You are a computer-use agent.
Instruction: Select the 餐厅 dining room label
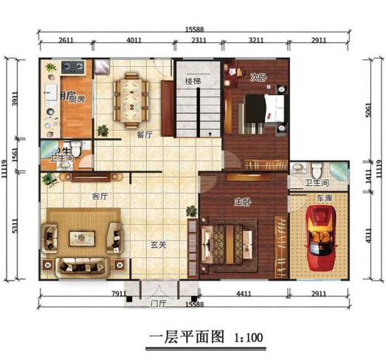145,134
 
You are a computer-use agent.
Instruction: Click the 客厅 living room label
100,196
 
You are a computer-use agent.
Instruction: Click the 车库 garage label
325,199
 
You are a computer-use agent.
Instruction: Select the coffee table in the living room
80,238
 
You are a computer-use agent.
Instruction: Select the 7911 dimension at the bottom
118,296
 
